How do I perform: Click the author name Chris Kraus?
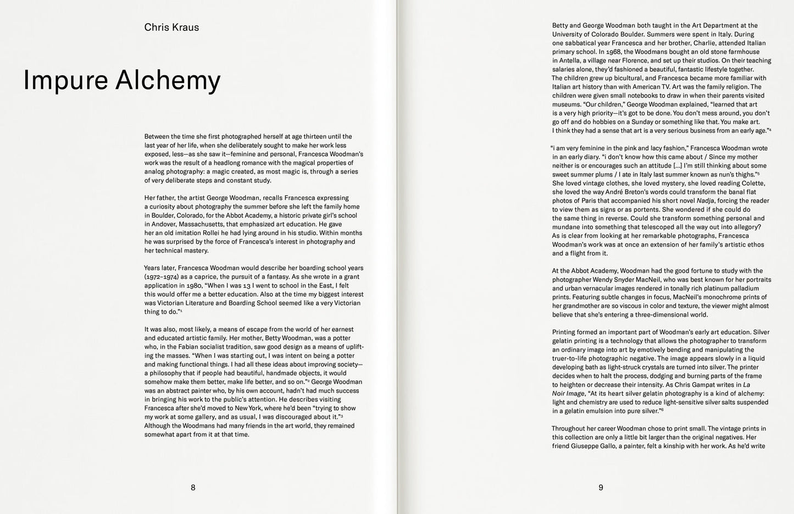171,27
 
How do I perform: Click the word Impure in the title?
65,80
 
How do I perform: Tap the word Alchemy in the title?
168,80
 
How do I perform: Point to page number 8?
193,487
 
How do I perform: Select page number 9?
601,487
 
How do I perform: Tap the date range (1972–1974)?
162,277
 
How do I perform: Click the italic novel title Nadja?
706,201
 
